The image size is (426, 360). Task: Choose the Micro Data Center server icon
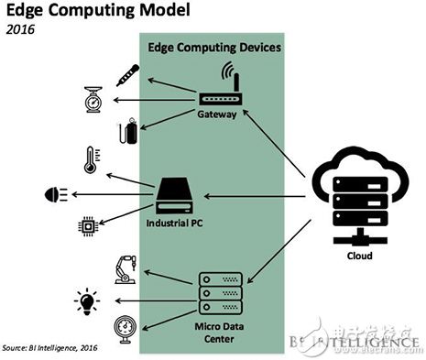click(219, 290)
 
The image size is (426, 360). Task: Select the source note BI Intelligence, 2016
click(50, 349)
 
